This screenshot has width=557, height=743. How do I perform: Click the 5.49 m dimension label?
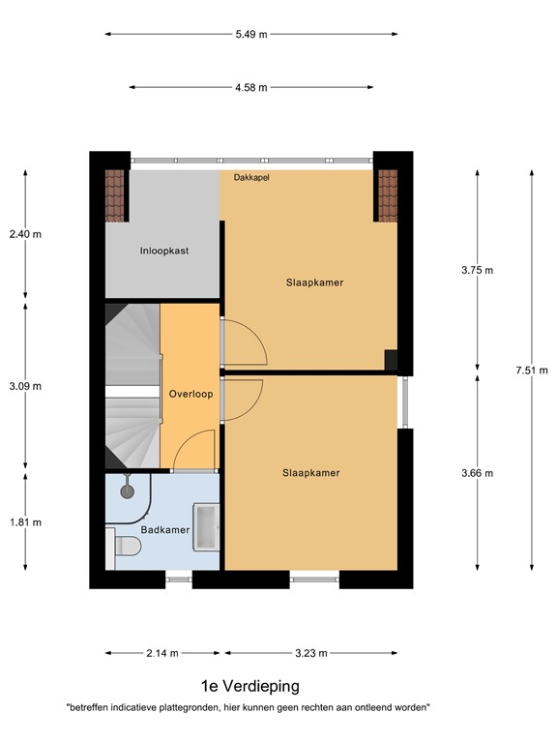[x=250, y=34]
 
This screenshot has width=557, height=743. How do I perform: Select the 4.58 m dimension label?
[x=250, y=87]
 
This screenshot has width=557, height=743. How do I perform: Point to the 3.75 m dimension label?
[x=477, y=270]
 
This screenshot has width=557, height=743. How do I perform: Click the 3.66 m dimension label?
[x=477, y=473]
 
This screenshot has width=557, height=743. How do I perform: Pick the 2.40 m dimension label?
[x=25, y=234]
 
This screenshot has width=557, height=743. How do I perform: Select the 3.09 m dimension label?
[x=25, y=386]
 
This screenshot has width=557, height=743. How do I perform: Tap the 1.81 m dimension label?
[x=25, y=522]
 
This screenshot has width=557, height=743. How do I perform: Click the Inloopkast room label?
[x=163, y=251]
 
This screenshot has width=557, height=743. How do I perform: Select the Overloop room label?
[x=190, y=395]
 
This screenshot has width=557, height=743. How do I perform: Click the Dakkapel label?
[x=250, y=177]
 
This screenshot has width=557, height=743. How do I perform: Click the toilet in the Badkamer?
[x=126, y=549]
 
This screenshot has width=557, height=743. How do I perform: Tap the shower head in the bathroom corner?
[x=127, y=490]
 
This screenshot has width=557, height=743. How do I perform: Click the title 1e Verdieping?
[x=250, y=687]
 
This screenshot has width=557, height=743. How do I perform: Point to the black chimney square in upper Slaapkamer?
[x=391, y=359]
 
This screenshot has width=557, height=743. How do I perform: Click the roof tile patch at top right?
[x=388, y=195]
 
